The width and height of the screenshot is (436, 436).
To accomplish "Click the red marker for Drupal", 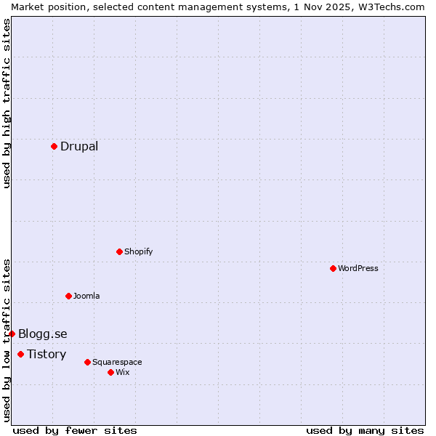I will pyautogui.click(x=54, y=146).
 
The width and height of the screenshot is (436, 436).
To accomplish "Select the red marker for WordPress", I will pyautogui.click(x=333, y=268).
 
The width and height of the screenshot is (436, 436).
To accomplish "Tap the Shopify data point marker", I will pyautogui.click(x=119, y=251).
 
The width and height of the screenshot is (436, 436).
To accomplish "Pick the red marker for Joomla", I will pyautogui.click(x=68, y=296).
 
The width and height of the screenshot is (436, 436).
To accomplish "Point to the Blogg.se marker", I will pyautogui.click(x=12, y=334).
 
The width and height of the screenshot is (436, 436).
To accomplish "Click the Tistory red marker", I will pyautogui.click(x=20, y=354).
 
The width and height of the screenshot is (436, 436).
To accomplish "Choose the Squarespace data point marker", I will pyautogui.click(x=87, y=362).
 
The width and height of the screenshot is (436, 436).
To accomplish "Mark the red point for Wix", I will pyautogui.click(x=110, y=372).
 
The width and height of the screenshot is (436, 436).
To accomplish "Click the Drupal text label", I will pyautogui.click(x=79, y=146).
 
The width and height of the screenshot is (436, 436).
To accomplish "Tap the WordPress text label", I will pyautogui.click(x=358, y=268).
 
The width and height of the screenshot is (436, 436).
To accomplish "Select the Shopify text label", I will pyautogui.click(x=138, y=251).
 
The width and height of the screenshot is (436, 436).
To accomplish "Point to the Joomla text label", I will pyautogui.click(x=86, y=296).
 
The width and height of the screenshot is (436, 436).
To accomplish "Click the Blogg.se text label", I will pyautogui.click(x=43, y=334).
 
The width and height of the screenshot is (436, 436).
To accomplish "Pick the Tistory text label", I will pyautogui.click(x=47, y=354).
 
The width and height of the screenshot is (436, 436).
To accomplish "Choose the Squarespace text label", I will pyautogui.click(x=117, y=362).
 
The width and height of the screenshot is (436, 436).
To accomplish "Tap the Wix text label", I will pyautogui.click(x=123, y=372).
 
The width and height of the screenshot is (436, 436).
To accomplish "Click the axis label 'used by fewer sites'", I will pyautogui.click(x=75, y=430).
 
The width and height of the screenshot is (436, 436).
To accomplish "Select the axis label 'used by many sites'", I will pyautogui.click(x=365, y=430).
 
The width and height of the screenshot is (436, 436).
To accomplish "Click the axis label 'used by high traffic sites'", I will pyautogui.click(x=7, y=103).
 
